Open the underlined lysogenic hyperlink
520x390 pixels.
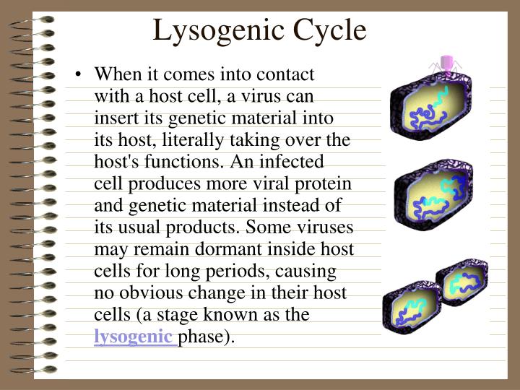click(x=134, y=336)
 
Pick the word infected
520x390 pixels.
click(x=291, y=161)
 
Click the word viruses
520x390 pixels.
click(x=323, y=227)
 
